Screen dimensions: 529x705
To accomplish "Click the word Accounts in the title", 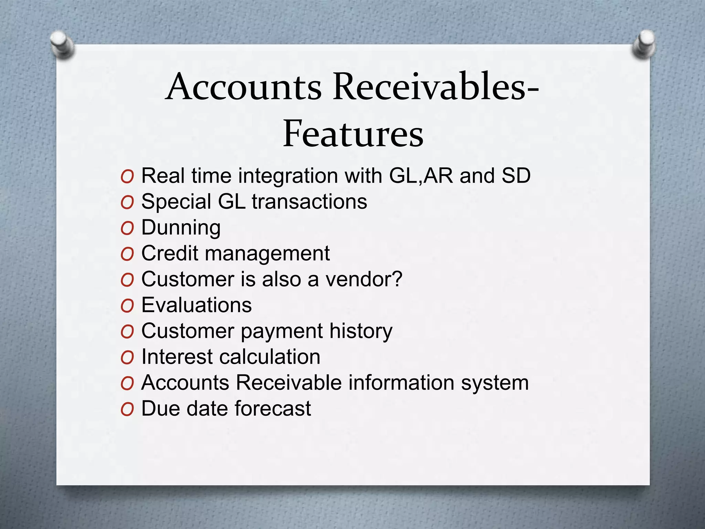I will click(x=244, y=87).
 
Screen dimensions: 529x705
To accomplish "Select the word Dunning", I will click(x=181, y=228).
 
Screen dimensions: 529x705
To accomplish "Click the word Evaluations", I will click(x=197, y=305).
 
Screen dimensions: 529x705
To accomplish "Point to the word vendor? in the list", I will click(x=364, y=279).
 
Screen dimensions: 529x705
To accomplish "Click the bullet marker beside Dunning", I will click(x=127, y=229).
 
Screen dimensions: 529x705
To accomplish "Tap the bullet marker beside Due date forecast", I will click(x=127, y=409).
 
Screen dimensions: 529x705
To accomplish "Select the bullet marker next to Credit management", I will click(x=127, y=255).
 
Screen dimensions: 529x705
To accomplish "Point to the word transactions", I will click(x=309, y=202).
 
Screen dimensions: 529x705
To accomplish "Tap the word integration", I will click(x=288, y=176).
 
